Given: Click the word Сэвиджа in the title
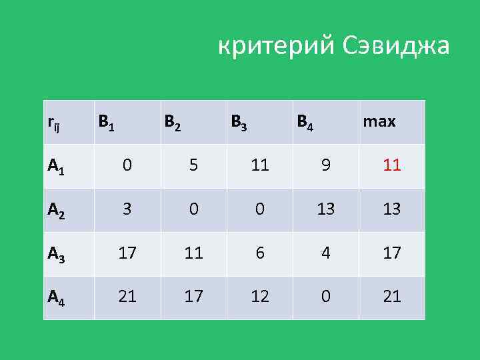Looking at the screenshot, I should click(397, 47).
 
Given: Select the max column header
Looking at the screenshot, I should click(379, 122).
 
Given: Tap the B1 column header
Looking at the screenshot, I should click(107, 122).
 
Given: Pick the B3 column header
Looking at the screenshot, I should click(239, 122).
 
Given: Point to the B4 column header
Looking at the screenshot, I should click(306, 122).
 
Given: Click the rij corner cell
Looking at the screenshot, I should click(54, 123).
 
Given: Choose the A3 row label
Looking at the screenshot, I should click(56, 254).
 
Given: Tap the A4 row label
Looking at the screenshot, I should click(56, 297).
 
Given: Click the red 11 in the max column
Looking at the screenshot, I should click(392, 165).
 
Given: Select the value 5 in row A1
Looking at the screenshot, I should click(193, 165).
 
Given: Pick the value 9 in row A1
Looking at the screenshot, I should click(325, 165).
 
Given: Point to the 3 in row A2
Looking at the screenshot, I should click(127, 209).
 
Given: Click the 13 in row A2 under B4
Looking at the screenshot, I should click(325, 209).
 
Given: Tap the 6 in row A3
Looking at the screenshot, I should click(259, 253).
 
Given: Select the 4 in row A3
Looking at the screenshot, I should click(325, 253).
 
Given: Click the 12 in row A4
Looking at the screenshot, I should click(259, 297).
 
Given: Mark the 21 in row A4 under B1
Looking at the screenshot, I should click(127, 297).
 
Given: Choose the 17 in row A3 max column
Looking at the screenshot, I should click(392, 253).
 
